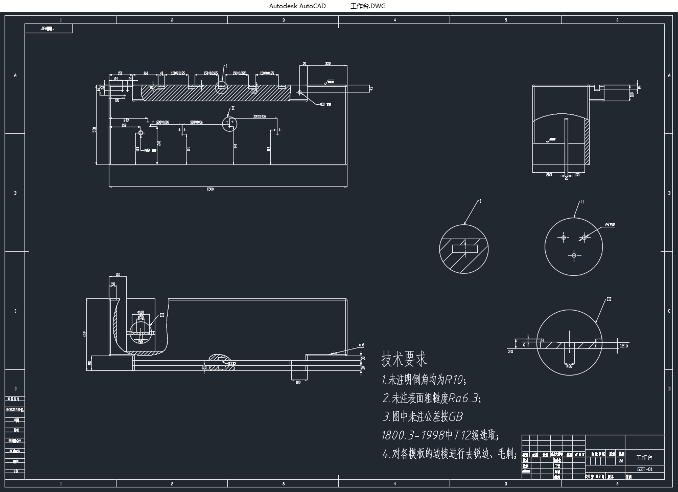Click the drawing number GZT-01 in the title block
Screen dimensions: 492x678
click(x=644, y=469)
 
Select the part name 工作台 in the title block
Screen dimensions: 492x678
click(x=644, y=457)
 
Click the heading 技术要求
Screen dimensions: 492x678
click(x=404, y=359)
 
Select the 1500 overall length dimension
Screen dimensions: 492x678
click(x=210, y=189)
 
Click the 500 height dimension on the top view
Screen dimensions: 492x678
click(x=95, y=130)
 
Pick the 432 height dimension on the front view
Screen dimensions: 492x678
click(x=85, y=334)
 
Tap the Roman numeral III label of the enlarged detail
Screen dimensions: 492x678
click(x=609, y=299)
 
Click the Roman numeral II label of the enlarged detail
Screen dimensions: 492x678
click(x=582, y=201)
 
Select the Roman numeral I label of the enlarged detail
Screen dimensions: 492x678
click(x=480, y=201)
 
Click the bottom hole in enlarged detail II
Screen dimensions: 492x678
click(x=574, y=255)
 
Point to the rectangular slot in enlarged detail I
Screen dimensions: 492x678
click(x=464, y=249)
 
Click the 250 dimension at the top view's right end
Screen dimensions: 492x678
click(x=328, y=64)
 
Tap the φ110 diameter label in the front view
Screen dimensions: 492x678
click(x=141, y=312)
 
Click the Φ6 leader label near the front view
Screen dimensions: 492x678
click(x=362, y=345)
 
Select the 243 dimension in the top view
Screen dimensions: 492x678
click(x=126, y=120)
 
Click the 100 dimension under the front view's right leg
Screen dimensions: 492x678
click(x=298, y=382)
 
